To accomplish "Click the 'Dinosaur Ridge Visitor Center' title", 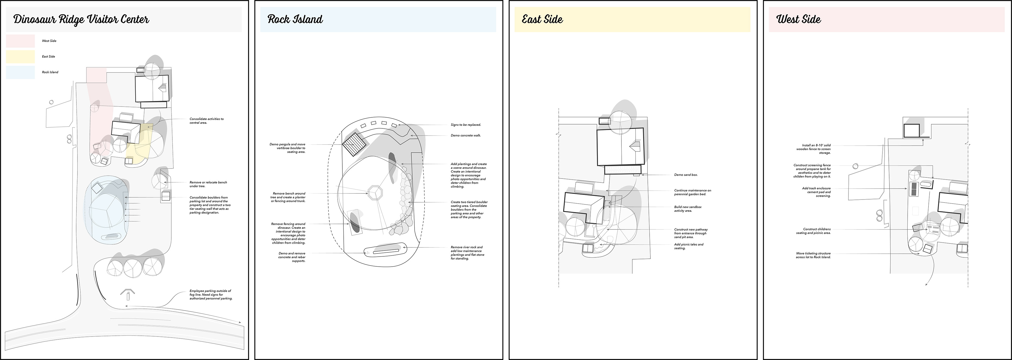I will pos(81,19).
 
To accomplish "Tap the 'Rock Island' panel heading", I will pos(295,19).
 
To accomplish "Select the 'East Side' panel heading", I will pos(542,19).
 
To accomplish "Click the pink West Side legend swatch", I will pos(21,41).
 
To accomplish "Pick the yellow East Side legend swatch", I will pos(21,57).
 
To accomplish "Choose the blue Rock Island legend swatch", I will pos(21,72).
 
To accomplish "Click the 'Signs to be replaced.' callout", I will pos(465,125).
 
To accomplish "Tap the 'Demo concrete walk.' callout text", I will pos(465,136).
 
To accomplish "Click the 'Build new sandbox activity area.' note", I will pos(688,209).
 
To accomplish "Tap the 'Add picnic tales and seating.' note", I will pos(689,246).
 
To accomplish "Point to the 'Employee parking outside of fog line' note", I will pos(211,295).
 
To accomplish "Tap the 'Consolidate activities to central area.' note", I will pos(206,121).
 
